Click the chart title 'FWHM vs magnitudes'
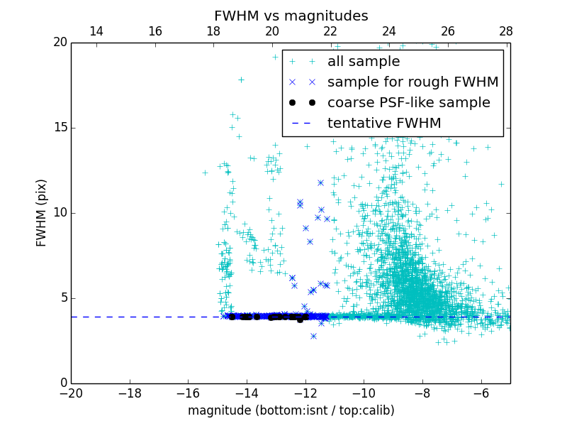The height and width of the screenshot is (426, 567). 291,16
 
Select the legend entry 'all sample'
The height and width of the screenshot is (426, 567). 363,62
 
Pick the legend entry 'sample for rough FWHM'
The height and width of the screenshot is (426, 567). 412,82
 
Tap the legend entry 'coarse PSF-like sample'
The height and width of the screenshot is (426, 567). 408,103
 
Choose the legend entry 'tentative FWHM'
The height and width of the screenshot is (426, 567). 383,124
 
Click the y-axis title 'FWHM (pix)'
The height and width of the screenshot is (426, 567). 42,213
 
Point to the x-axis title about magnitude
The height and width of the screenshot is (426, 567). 291,410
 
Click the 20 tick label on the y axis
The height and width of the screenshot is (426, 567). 59,43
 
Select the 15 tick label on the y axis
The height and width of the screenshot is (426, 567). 59,128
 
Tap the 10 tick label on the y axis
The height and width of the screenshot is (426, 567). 59,213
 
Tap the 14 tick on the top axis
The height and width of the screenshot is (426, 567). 96,31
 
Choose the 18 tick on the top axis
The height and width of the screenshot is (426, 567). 213,31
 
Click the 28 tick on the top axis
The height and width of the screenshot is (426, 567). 506,31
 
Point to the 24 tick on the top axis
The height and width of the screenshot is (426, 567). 389,31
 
